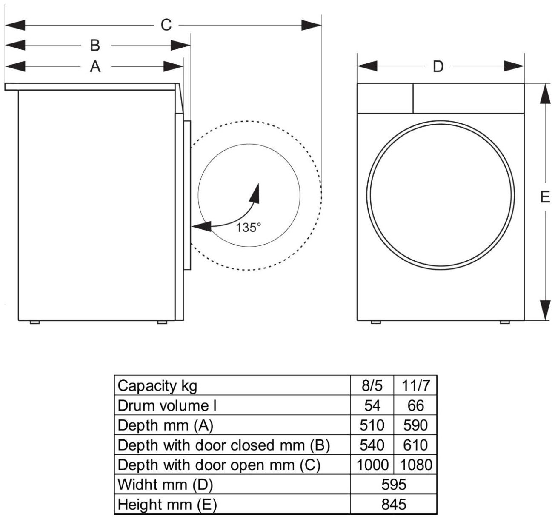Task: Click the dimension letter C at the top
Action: [x=166, y=25]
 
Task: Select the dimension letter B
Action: [x=95, y=45]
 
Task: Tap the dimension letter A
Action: [x=95, y=67]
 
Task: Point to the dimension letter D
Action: [x=438, y=67]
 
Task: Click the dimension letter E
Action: [x=545, y=197]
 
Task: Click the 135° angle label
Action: [x=249, y=227]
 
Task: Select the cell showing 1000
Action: [x=372, y=465]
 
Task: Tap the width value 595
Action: [x=394, y=485]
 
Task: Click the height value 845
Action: [x=394, y=505]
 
